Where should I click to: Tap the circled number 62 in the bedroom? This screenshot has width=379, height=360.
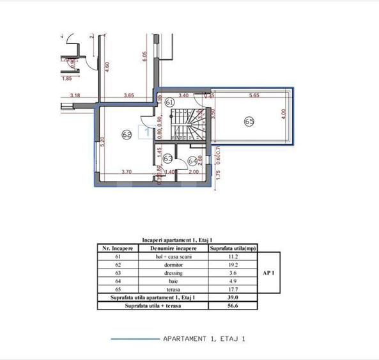click(x=126, y=134)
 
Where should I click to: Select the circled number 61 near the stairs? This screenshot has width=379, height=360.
click(x=169, y=102)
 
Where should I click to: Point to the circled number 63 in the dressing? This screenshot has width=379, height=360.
click(x=167, y=158)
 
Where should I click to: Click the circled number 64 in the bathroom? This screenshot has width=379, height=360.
click(x=193, y=161)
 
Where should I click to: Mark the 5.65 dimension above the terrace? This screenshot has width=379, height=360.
click(x=253, y=96)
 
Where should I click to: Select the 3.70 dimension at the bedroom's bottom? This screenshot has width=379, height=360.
click(x=126, y=172)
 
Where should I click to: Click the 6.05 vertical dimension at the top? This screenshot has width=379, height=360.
click(x=145, y=56)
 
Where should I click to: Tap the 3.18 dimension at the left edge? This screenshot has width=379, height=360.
click(x=75, y=96)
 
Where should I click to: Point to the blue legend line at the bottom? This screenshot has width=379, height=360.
click(x=134, y=338)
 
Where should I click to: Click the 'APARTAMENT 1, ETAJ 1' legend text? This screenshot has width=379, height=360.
click(x=205, y=338)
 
